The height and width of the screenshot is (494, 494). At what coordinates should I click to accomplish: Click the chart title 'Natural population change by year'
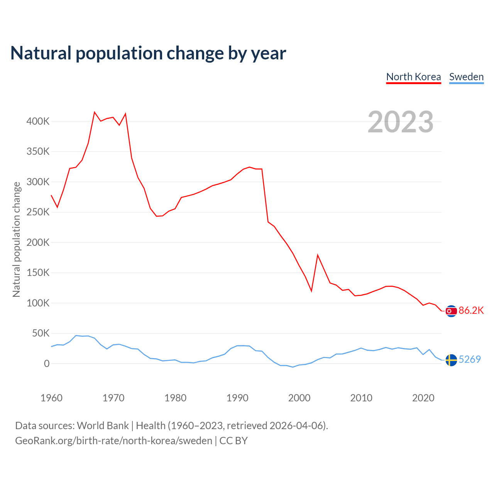click(x=148, y=53)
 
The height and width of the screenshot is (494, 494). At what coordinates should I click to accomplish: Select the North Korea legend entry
click(x=413, y=77)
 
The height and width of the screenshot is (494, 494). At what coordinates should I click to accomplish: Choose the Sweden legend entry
click(x=466, y=77)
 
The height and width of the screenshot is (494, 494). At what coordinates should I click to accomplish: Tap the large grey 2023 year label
click(x=400, y=122)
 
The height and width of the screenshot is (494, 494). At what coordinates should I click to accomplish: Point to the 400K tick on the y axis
click(x=38, y=121)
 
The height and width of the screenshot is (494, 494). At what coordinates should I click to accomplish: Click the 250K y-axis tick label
click(x=38, y=212)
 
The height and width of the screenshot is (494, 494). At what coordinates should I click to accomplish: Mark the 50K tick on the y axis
click(x=41, y=333)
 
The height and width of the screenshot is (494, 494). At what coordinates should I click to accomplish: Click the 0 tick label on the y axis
click(x=47, y=364)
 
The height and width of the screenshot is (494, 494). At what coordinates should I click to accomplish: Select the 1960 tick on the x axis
click(x=51, y=398)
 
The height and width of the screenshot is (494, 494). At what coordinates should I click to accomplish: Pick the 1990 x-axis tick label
click(x=237, y=398)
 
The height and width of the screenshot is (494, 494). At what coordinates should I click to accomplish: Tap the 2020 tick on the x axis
click(x=423, y=398)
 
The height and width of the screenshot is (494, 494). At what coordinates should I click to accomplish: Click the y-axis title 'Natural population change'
click(x=16, y=239)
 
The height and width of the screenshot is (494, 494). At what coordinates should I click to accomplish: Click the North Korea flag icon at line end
click(x=451, y=311)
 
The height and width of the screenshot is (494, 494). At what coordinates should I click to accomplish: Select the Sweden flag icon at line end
click(x=451, y=360)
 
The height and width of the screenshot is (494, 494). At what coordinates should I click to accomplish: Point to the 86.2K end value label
click(x=471, y=311)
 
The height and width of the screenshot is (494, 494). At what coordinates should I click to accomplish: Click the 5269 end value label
click(x=470, y=360)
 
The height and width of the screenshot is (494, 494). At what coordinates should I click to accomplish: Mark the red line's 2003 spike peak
click(x=318, y=255)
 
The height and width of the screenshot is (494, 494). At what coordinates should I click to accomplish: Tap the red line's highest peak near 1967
click(x=95, y=112)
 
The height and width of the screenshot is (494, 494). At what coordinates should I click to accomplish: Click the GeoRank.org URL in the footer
click(x=113, y=441)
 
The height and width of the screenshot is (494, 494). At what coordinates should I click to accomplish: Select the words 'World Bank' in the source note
click(x=103, y=426)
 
